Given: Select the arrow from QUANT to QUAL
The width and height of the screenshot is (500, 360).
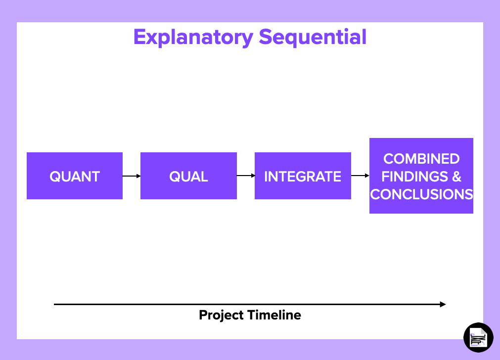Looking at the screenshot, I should click(x=132, y=176).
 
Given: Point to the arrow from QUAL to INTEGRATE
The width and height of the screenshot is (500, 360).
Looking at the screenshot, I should click(x=246, y=176).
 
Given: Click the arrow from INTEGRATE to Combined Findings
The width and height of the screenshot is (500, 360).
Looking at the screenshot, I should click(x=360, y=176).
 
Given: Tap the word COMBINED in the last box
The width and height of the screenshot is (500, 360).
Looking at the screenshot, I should click(x=421, y=159).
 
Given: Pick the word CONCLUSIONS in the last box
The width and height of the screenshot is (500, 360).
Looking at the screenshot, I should click(x=421, y=194).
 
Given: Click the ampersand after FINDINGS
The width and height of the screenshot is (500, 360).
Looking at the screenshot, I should click(x=456, y=177).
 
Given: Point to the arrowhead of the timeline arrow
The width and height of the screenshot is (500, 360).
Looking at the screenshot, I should click(x=443, y=305).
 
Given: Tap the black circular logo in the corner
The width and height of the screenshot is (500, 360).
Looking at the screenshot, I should click(x=478, y=337).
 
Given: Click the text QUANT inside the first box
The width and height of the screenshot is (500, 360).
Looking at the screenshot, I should click(x=75, y=177).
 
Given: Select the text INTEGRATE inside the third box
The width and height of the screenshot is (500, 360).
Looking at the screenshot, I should click(x=303, y=177).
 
